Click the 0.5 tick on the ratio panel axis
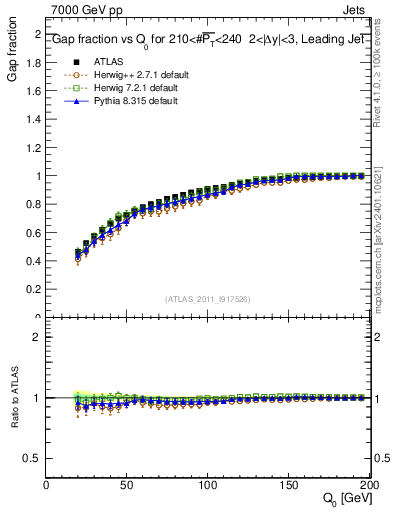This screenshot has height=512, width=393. [33, 458]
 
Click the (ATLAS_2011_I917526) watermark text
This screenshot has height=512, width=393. [209, 299]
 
